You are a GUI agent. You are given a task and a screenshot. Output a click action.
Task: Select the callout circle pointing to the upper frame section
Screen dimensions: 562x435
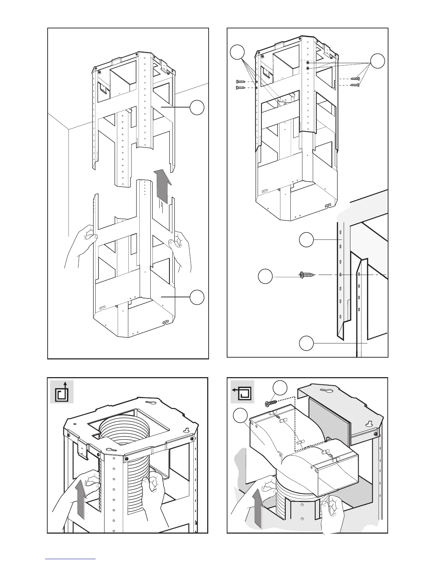(197, 108)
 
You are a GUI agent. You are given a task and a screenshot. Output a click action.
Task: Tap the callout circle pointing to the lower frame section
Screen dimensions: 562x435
(197, 297)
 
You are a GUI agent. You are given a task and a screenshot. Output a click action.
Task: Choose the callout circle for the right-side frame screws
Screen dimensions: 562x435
(377, 61)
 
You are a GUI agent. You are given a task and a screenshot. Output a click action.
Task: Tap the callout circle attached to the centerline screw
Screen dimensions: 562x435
(265, 276)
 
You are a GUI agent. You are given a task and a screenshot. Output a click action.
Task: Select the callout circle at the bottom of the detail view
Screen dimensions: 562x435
(306, 343)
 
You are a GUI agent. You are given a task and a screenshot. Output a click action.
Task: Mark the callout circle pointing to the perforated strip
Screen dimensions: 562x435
(306, 240)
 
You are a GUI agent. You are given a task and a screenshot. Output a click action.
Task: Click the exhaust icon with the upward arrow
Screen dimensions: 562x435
(62, 392)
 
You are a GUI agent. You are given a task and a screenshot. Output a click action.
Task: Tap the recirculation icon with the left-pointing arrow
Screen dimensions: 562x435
(242, 392)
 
